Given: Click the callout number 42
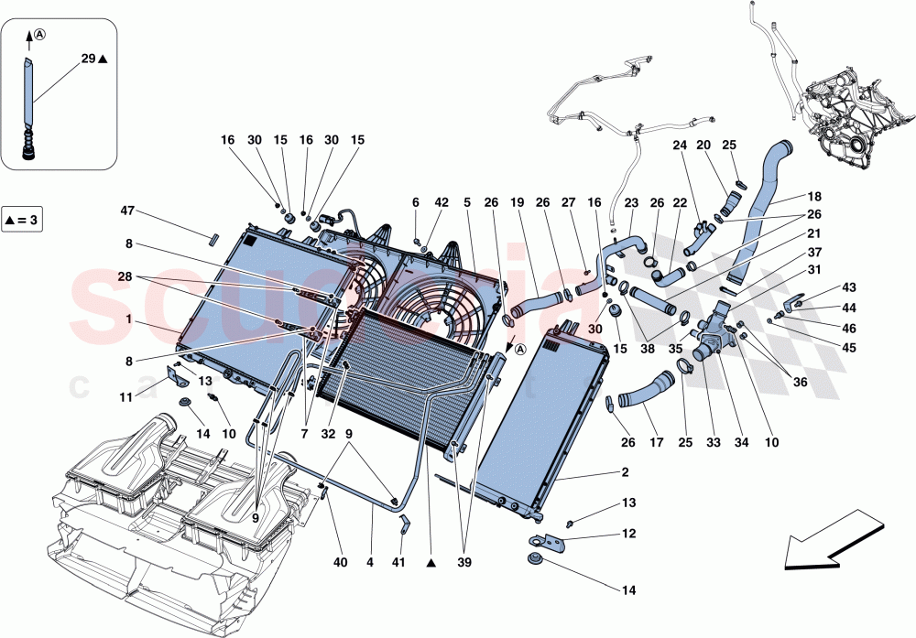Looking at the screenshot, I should coord(442,202).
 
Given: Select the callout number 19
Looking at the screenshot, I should coord(517,202).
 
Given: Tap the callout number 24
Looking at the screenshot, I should coord(680,145).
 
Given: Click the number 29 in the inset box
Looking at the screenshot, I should coord(87,59).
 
